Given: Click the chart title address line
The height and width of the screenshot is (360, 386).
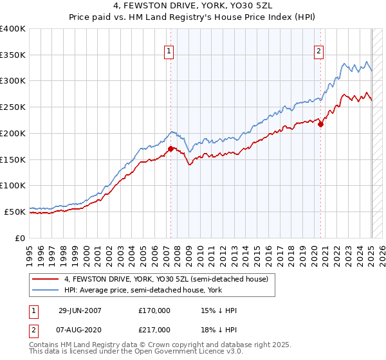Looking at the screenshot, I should tap(192, 6).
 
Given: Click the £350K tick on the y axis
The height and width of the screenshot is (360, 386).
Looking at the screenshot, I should tap(13, 55).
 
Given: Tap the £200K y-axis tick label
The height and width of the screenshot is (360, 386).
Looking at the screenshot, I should tap(13, 133).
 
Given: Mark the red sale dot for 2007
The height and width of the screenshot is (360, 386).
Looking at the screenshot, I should tap(170, 148).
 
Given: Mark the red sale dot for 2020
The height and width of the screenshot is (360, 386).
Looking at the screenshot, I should tap(320, 124).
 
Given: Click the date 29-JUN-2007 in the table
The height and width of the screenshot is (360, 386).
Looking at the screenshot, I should tap(80, 311).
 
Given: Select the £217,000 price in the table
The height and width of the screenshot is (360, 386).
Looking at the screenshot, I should tap(154, 329).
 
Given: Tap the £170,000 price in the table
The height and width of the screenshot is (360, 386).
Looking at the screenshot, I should tap(154, 311).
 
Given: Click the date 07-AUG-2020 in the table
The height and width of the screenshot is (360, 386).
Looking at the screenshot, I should tap(80, 329).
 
